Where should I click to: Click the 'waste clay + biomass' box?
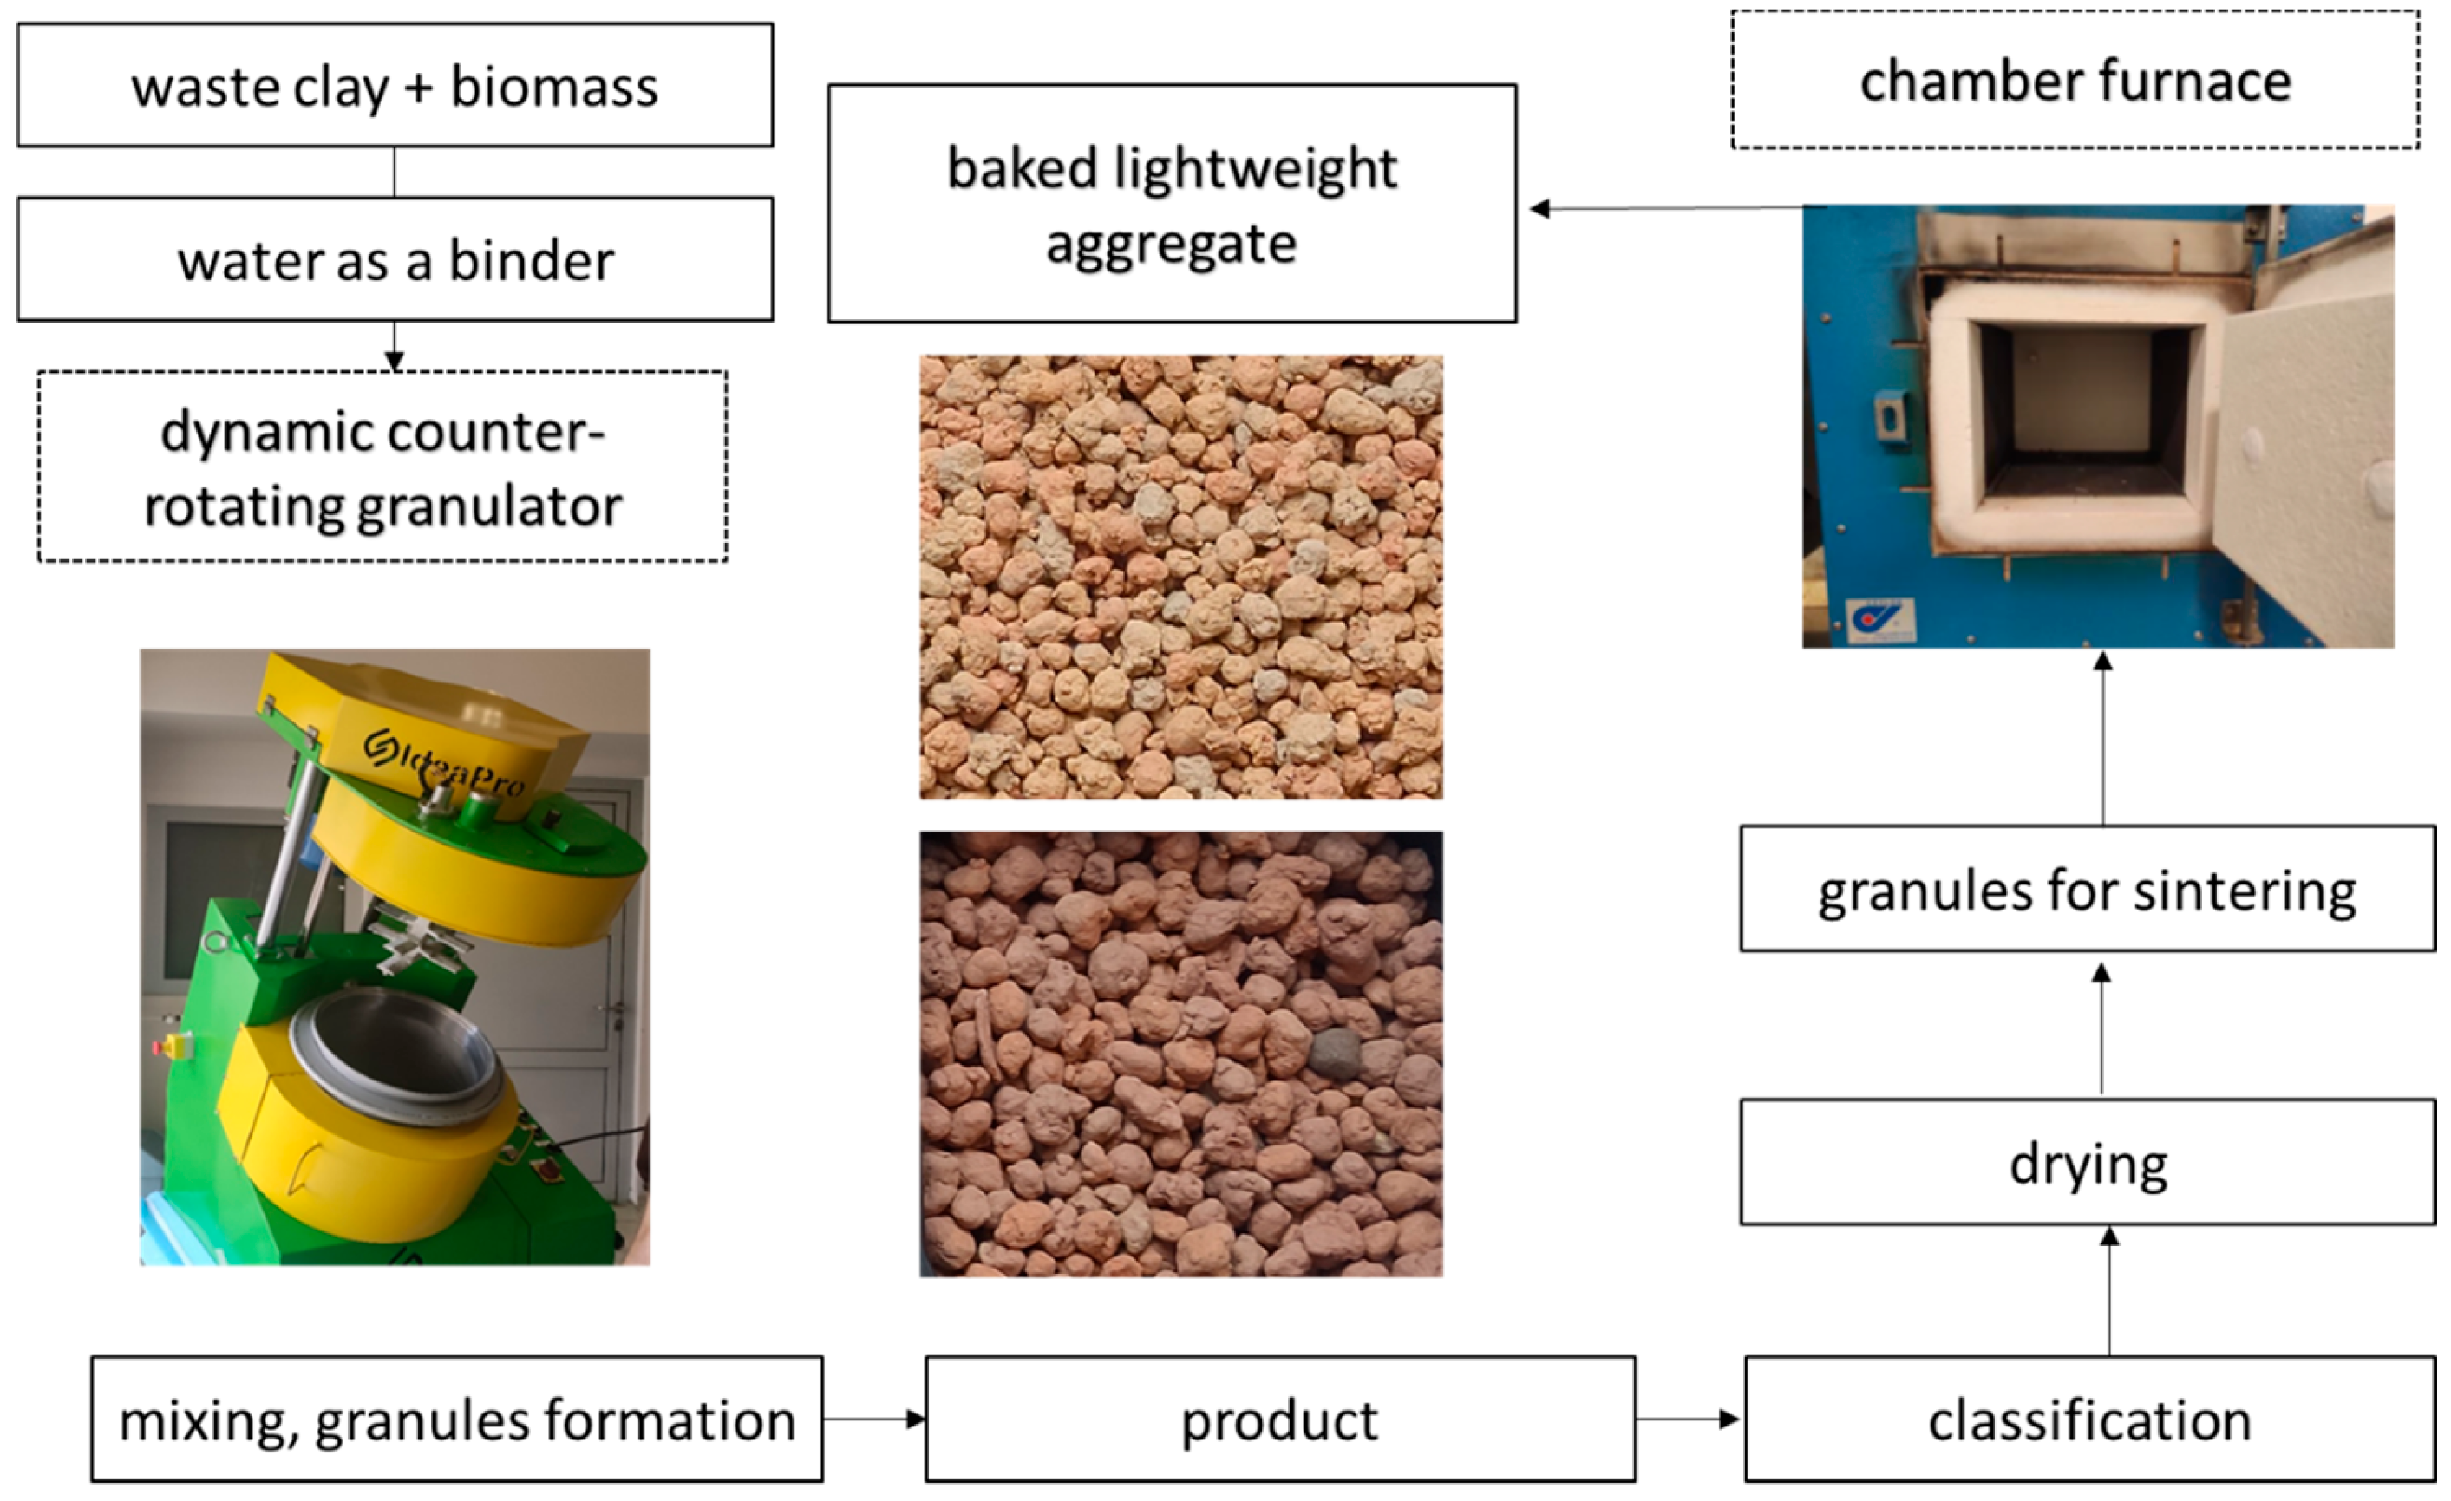395,86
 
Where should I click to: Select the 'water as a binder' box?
395,258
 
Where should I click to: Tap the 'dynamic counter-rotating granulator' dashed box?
383,467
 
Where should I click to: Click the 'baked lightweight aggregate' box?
1172,204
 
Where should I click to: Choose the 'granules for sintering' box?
2087,888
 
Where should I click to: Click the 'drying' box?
2087,1162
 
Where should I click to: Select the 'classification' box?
2089,1419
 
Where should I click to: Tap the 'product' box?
1280,1419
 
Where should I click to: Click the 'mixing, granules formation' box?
456,1419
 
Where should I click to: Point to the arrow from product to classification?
1688,1419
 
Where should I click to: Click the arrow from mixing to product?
874,1419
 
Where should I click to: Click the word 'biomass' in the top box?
554,87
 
